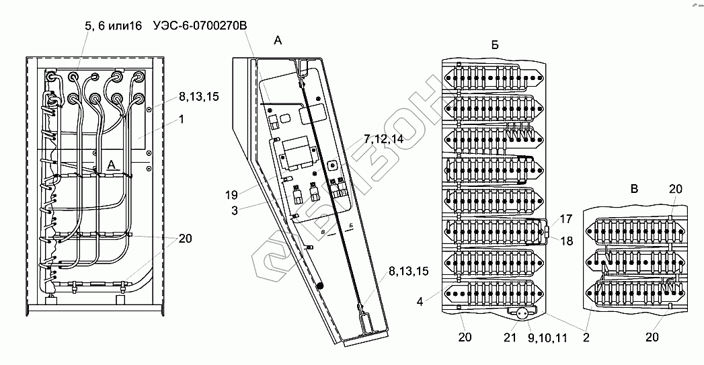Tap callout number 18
(566, 241)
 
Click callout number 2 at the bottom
(586, 337)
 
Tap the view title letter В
(633, 190)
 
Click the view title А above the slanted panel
(278, 41)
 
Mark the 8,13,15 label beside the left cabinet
(198, 97)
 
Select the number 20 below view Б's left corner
(465, 337)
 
